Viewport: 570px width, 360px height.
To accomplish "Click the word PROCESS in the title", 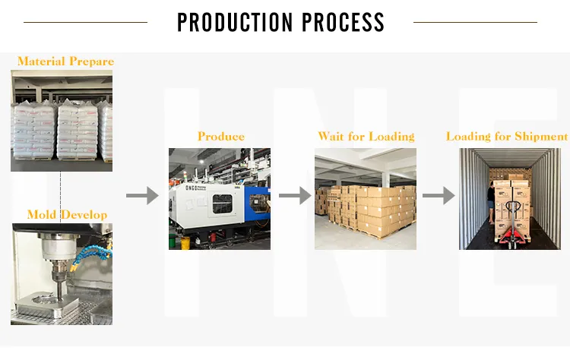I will [343, 22].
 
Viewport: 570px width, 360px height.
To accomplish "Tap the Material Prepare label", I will [65, 61].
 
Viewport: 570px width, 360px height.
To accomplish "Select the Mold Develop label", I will [67, 215].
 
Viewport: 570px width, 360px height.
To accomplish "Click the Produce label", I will [221, 137].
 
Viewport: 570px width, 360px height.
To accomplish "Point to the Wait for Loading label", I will [366, 137].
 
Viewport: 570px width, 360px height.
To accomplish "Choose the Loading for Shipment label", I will [506, 137].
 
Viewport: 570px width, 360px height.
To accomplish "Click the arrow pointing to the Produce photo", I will [141, 197].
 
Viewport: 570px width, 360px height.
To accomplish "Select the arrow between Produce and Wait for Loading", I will [294, 197].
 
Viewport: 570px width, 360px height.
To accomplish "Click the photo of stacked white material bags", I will [62, 120].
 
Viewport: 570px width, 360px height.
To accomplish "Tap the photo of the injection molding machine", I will [219, 198].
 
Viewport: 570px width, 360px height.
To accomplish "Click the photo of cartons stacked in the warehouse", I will [366, 198].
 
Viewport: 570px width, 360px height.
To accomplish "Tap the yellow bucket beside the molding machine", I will [185, 242].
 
